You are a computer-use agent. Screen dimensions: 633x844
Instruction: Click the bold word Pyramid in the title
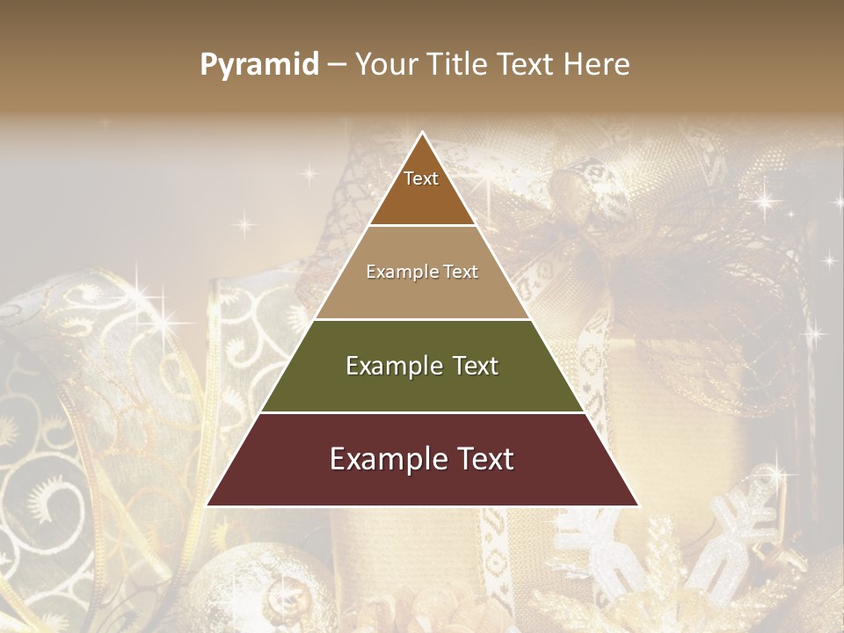(259, 65)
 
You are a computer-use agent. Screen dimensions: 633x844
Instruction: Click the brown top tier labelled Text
(422, 189)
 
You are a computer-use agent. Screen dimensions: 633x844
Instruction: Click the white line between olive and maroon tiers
(422, 412)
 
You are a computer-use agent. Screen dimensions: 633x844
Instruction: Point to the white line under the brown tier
(422, 226)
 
